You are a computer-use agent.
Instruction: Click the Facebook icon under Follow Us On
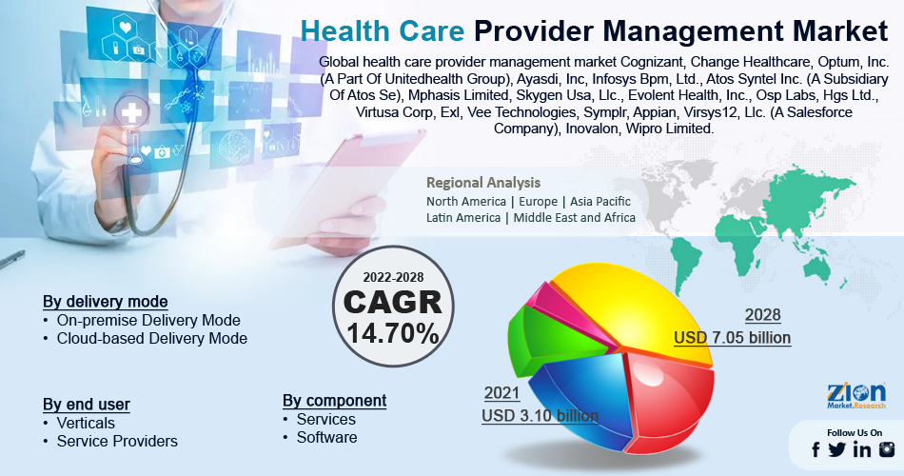pyautogui.click(x=816, y=449)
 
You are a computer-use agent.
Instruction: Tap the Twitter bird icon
pyautogui.click(x=837, y=449)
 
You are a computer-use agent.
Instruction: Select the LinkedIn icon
pyautogui.click(x=862, y=449)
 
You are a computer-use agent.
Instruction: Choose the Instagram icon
pyautogui.click(x=887, y=449)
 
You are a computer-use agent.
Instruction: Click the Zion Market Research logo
pyautogui.click(x=856, y=396)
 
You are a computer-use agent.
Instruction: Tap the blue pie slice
pyautogui.click(x=582, y=398)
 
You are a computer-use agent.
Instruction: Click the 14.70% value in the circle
pyautogui.click(x=393, y=333)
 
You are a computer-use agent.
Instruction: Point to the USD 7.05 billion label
pyautogui.click(x=732, y=338)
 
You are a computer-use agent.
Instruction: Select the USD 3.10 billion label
pyautogui.click(x=540, y=415)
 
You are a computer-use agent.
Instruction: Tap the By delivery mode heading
pyautogui.click(x=106, y=302)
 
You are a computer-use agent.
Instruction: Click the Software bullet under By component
pyautogui.click(x=326, y=437)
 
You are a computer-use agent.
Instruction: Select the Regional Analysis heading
pyautogui.click(x=483, y=183)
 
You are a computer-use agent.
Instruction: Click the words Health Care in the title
pyautogui.click(x=383, y=30)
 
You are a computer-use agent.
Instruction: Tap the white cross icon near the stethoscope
pyautogui.click(x=131, y=112)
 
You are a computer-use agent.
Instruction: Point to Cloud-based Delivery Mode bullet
pyautogui.click(x=151, y=338)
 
